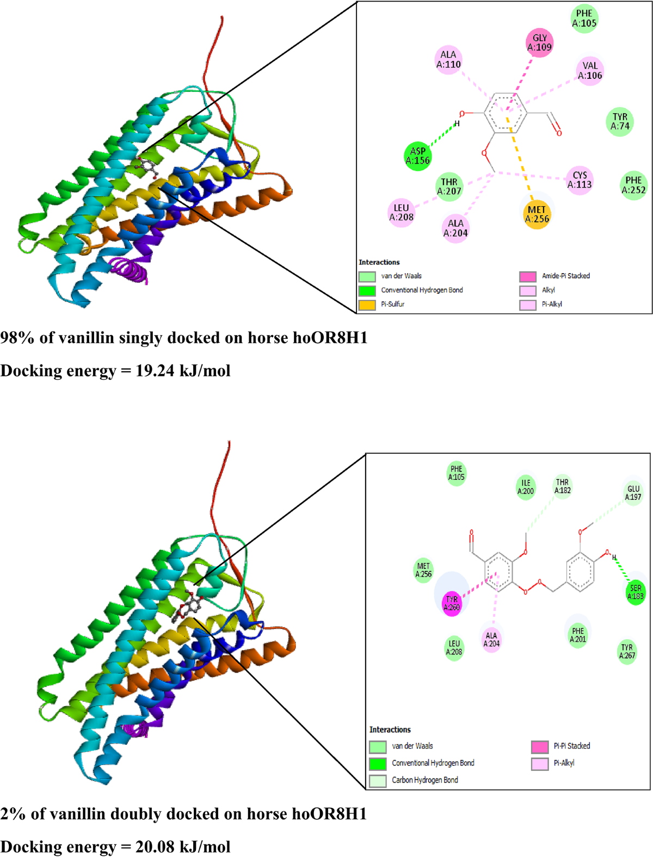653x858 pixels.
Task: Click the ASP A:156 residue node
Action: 418,156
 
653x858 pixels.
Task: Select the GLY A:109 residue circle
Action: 539,42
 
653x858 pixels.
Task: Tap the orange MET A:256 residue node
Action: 537,214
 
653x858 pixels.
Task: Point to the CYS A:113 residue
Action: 580,180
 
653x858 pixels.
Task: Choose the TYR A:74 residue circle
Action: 620,121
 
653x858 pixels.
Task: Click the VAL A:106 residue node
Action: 590,71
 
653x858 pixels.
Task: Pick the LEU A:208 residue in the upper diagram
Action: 401,213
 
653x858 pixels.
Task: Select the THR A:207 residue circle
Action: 449,187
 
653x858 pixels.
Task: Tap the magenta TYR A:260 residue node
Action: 452,603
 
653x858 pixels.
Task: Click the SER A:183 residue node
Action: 635,592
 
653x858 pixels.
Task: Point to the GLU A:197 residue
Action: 633,493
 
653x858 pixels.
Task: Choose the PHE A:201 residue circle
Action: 578,635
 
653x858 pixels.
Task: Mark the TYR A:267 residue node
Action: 627,651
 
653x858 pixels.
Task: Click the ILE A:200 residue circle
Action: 526,487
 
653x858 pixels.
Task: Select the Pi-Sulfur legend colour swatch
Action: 367,305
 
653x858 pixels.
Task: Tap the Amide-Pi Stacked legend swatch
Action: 528,276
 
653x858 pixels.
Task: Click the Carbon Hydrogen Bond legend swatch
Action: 378,781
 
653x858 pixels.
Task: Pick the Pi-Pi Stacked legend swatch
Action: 540,746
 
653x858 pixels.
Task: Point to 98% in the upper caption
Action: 17,338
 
